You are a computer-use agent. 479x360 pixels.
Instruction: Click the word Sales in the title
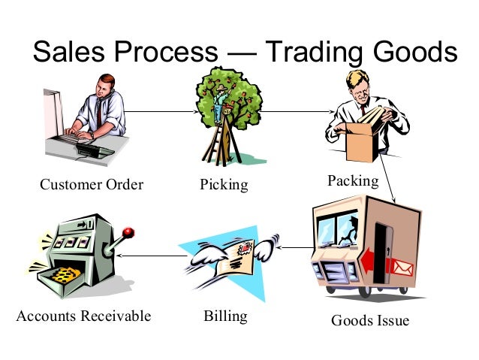click(x=71, y=52)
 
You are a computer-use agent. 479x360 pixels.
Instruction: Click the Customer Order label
click(x=92, y=184)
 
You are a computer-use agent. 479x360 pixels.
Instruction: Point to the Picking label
click(x=224, y=184)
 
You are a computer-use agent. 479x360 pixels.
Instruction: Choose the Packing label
click(x=353, y=181)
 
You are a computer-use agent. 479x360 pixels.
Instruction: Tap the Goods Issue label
click(x=370, y=321)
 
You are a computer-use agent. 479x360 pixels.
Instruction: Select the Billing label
click(x=225, y=316)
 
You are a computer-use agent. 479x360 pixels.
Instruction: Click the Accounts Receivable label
click(x=83, y=316)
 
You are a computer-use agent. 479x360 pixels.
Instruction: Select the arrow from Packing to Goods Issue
click(x=387, y=177)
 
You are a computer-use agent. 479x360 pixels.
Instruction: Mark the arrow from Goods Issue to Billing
click(x=293, y=247)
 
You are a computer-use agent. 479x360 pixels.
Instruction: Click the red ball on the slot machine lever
click(x=128, y=231)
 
